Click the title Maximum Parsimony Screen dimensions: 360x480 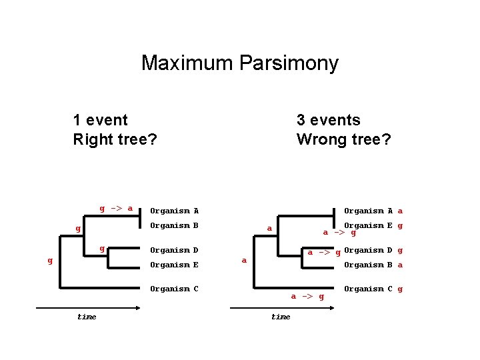coord(240,63)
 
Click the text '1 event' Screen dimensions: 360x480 coord(100,120)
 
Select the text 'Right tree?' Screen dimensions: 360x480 coord(115,140)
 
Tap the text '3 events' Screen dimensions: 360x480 coord(328,120)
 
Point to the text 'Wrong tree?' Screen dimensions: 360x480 coord(343,140)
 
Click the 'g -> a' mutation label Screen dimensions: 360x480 coord(116,208)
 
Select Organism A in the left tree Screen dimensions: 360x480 coord(174,211)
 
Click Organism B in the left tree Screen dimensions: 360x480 coord(174,225)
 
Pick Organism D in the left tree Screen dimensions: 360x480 coord(174,251)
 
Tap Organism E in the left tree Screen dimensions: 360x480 coord(174,265)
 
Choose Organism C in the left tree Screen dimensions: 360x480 coord(174,289)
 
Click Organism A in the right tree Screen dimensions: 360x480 coord(368,211)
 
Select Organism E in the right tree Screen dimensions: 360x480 coord(368,225)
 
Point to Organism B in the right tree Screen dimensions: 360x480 coord(368,265)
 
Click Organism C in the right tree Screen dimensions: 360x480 coord(368,289)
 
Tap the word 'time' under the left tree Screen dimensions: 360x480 coord(87,317)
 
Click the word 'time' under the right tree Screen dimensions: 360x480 coord(281,317)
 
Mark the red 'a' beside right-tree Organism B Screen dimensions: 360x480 coord(400,265)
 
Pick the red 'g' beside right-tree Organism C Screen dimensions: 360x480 coord(400,289)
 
